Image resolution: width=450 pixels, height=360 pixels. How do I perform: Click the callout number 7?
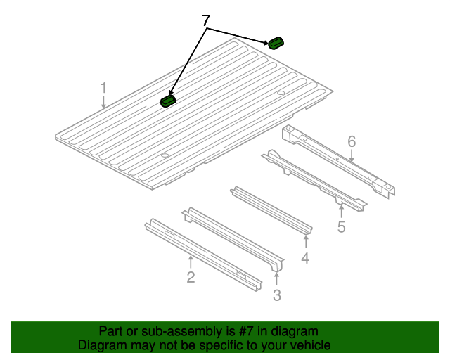(x=206, y=20)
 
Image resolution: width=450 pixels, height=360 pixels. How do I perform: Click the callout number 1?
(x=103, y=88)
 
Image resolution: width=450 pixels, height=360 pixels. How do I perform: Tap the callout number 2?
(x=191, y=277)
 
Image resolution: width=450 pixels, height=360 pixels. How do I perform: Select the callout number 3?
(x=276, y=295)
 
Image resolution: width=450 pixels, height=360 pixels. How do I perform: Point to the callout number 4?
(x=305, y=258)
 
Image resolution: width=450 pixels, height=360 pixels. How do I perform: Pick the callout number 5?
(x=341, y=226)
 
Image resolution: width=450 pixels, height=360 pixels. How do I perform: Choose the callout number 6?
(x=352, y=142)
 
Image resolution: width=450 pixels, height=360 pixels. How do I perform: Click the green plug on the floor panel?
(x=168, y=101)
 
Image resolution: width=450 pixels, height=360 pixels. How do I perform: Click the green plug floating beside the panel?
(x=276, y=43)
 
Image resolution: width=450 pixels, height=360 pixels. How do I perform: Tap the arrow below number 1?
(x=103, y=102)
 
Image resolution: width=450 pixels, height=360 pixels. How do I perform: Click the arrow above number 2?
(x=191, y=262)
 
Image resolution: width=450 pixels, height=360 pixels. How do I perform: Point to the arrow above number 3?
(x=276, y=279)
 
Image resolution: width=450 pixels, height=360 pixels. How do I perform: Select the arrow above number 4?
(x=306, y=241)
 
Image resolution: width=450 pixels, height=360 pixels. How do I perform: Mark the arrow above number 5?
(x=341, y=211)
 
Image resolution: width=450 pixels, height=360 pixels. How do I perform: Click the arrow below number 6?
(x=352, y=156)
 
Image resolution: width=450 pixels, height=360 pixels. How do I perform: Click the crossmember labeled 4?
(x=271, y=211)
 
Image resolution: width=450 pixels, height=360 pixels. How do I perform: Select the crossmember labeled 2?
(x=203, y=255)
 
